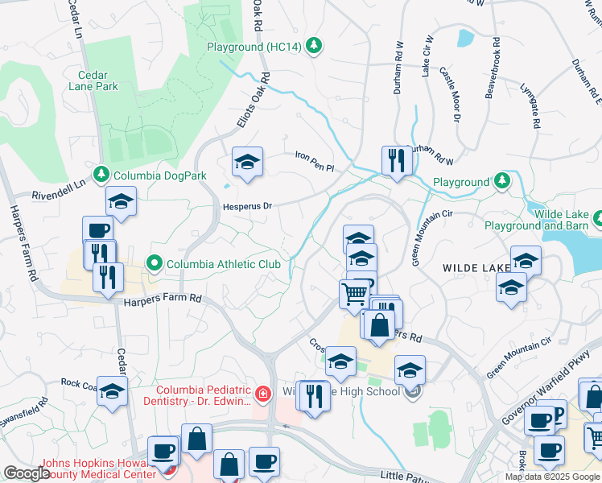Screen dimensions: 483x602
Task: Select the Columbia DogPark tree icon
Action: (x=101, y=174)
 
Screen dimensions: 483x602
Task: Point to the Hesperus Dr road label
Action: (x=247, y=206)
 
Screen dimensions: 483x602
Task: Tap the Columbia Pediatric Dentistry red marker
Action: (x=262, y=394)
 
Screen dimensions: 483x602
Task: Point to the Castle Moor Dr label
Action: (x=447, y=95)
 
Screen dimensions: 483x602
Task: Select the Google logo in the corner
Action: (x=27, y=473)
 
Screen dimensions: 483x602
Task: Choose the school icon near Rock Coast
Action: (x=112, y=390)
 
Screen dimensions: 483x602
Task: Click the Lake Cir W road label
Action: (x=427, y=56)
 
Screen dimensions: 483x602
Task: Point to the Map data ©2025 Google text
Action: (x=552, y=477)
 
